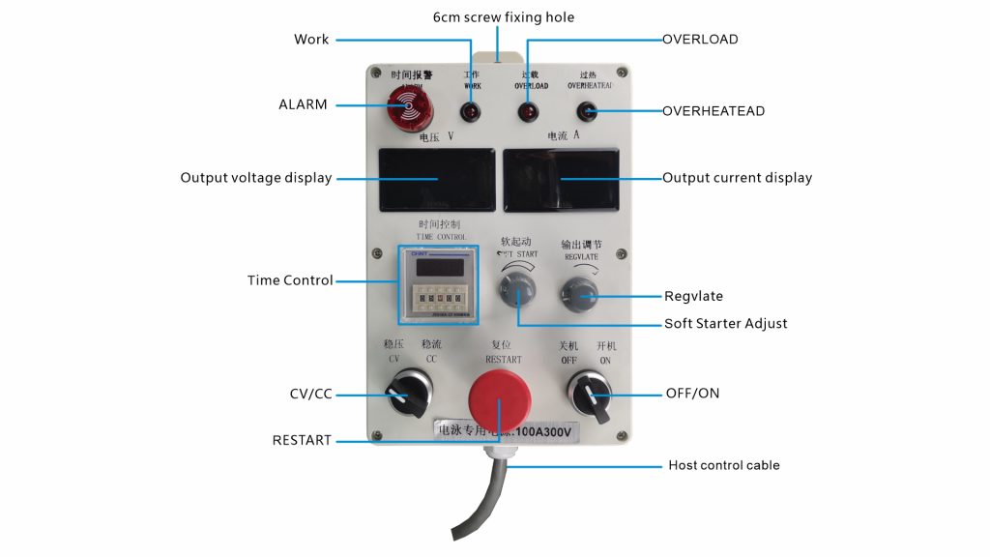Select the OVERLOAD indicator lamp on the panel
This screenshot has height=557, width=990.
(x=528, y=112)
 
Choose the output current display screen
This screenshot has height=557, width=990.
(x=562, y=180)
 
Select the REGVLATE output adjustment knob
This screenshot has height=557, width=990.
(x=580, y=291)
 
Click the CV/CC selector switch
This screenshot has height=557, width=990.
(x=405, y=392)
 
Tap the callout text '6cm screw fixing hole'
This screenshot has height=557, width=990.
(x=502, y=16)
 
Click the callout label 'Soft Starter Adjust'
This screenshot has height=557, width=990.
(x=725, y=323)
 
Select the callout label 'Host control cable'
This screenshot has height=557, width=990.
(x=723, y=465)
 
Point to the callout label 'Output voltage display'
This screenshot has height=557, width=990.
(x=255, y=178)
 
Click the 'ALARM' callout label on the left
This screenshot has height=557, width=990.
(x=303, y=104)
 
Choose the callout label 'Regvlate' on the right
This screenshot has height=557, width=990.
(x=693, y=296)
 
